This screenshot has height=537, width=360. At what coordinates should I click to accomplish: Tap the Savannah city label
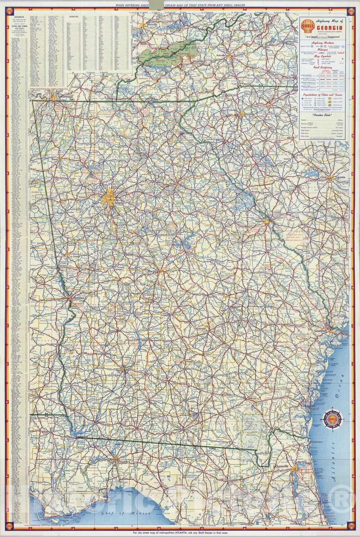(320, 331)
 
